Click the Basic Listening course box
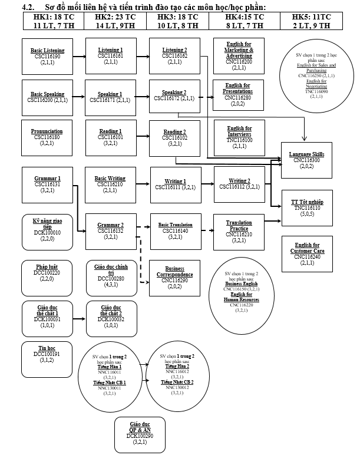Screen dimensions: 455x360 [48, 56]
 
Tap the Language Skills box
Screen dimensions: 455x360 [306, 160]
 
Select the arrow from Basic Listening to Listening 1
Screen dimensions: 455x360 [80, 56]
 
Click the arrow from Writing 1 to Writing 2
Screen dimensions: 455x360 [203, 185]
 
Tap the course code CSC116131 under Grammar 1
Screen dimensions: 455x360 [48, 185]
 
